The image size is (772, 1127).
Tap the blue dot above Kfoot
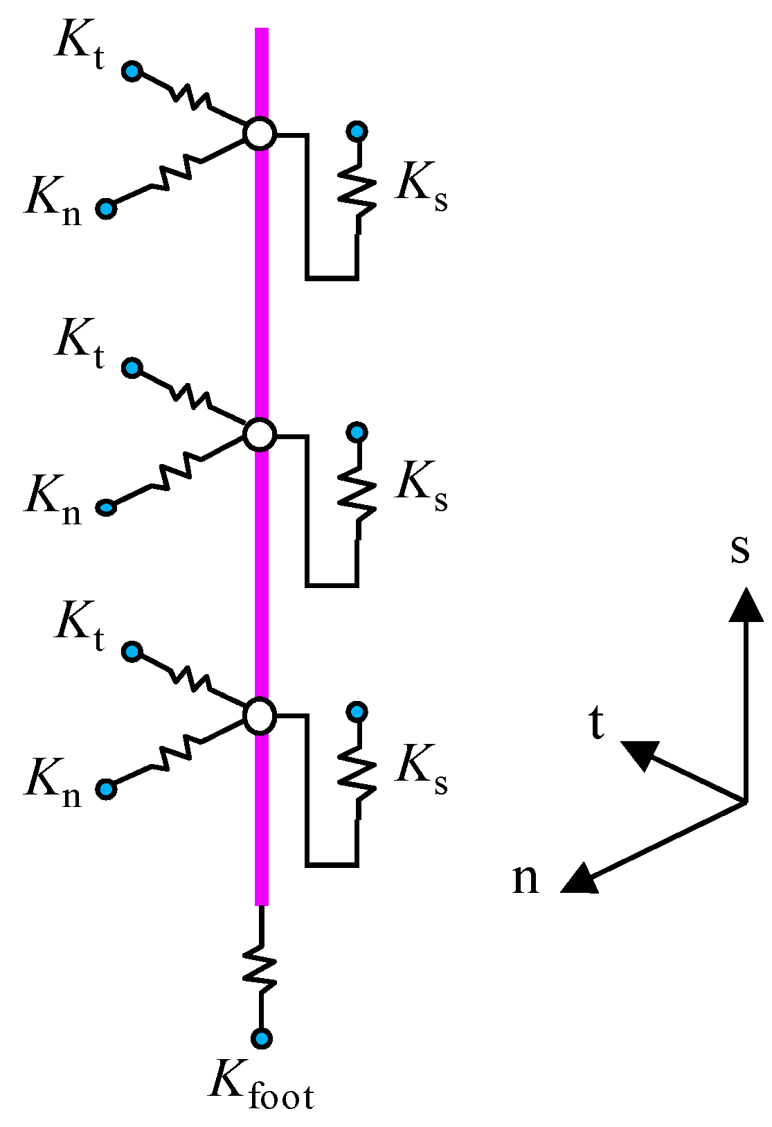pos(261,1038)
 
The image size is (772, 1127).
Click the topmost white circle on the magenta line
pos(260,133)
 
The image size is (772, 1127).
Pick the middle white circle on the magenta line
pos(260,435)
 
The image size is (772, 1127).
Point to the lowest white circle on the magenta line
pos(260,716)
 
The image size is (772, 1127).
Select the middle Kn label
pos(53,499)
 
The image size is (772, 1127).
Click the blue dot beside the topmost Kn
pos(106,208)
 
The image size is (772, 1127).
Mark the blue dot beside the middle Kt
pos(132,368)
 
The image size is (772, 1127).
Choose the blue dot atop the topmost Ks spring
pos(357,131)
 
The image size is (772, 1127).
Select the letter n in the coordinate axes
pos(525,879)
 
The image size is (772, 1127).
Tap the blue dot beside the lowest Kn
pos(106,789)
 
